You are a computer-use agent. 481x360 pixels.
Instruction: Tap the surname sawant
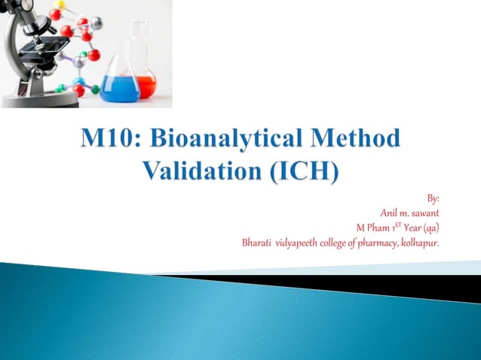pyautogui.click(x=425, y=213)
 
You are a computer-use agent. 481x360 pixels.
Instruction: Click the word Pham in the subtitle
pyautogui.click(x=380, y=227)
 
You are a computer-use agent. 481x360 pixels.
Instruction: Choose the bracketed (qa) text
pyautogui.click(x=431, y=227)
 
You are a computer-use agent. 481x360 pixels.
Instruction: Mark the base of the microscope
pyautogui.click(x=38, y=99)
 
